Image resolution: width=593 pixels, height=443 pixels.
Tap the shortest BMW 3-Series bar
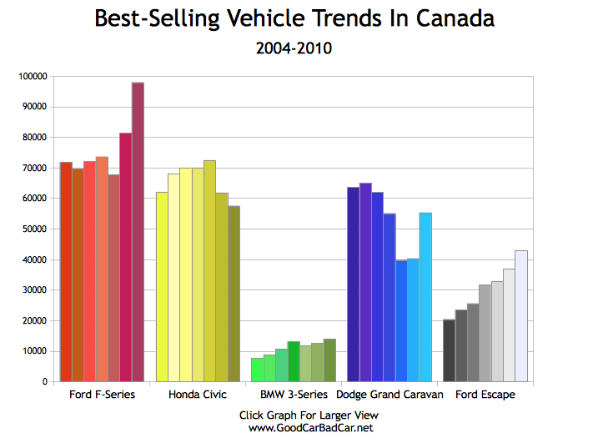pyautogui.click(x=257, y=370)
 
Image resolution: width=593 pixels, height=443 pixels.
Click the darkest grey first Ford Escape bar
pyautogui.click(x=449, y=350)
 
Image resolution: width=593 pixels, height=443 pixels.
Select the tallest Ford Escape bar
pyautogui.click(x=521, y=316)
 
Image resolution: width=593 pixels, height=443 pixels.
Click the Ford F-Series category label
pyautogui.click(x=102, y=395)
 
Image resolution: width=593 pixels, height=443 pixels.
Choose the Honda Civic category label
pyautogui.click(x=198, y=395)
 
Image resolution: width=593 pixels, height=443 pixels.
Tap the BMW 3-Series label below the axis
pyautogui.click(x=294, y=395)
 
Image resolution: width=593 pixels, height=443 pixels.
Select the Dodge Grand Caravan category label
pyautogui.click(x=389, y=395)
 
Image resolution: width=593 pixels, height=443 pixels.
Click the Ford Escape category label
pyautogui.click(x=485, y=395)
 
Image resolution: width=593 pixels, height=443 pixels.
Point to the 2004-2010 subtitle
pyautogui.click(x=294, y=48)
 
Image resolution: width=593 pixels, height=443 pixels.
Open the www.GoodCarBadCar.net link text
pyautogui.click(x=310, y=428)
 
